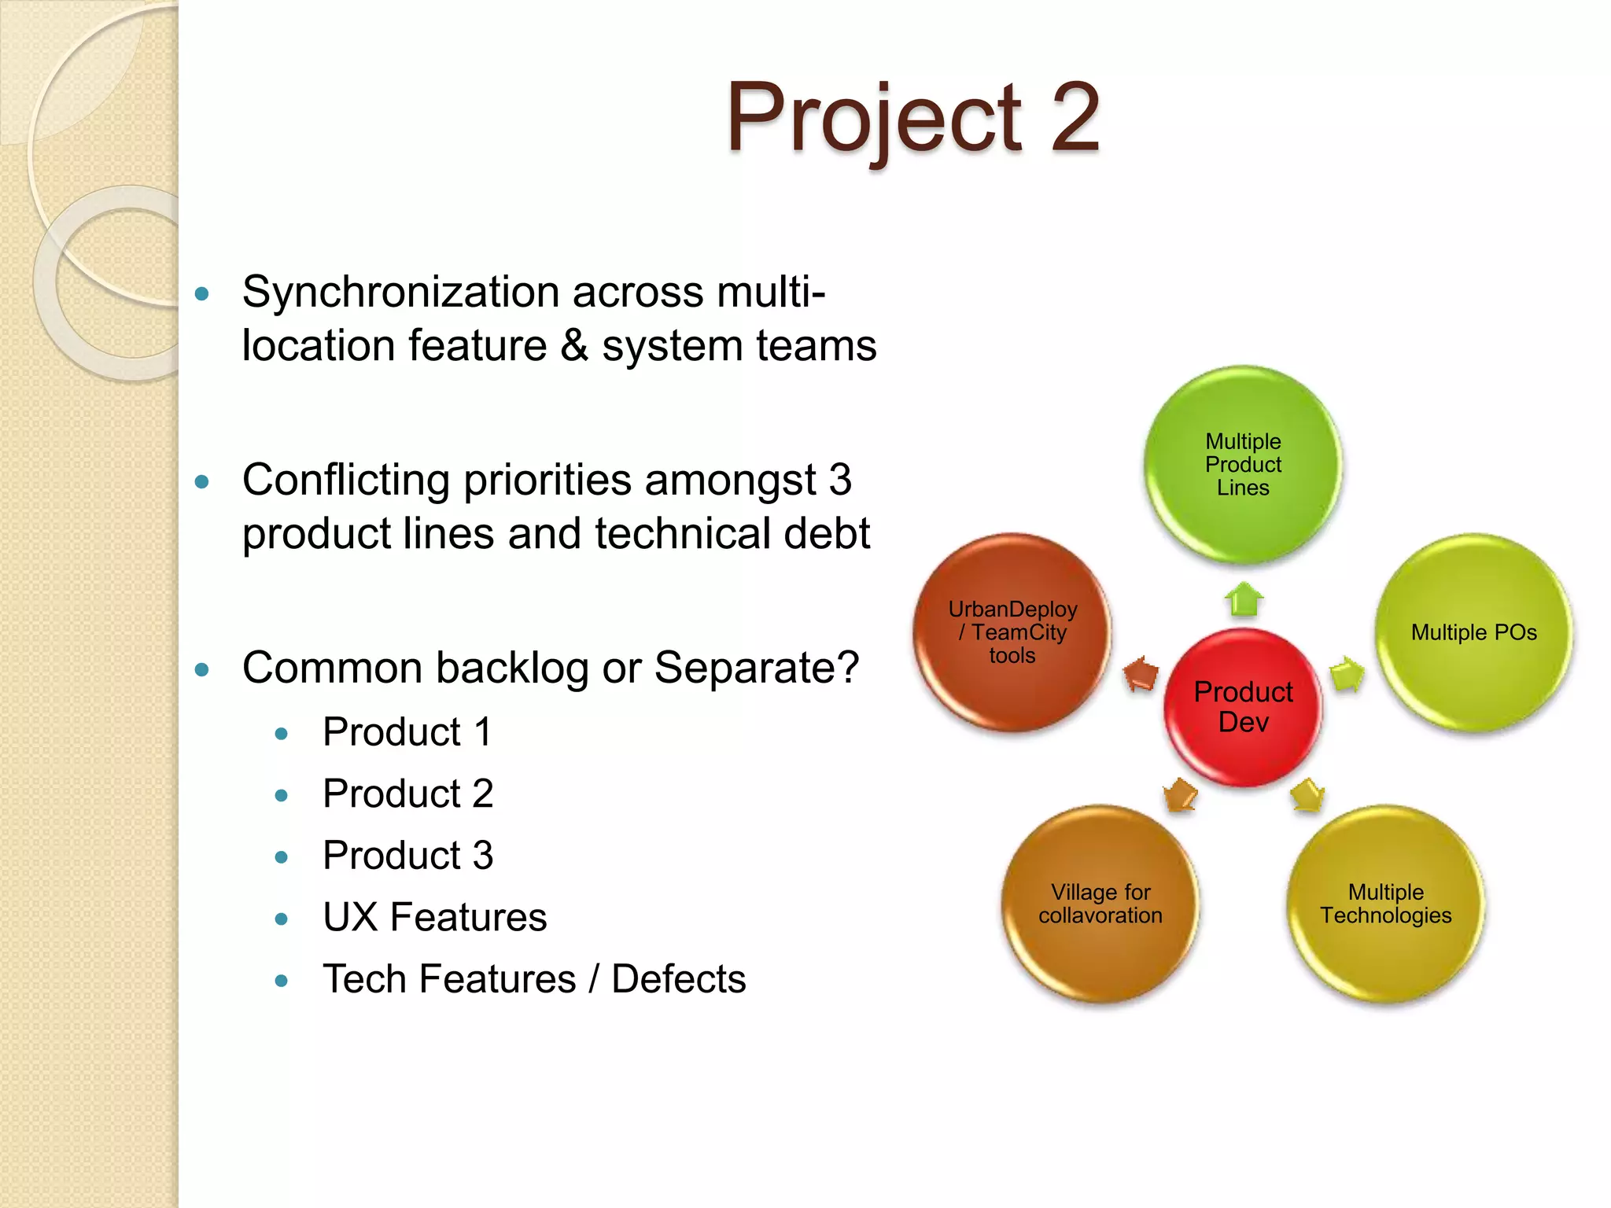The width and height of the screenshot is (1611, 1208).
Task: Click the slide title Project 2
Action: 912,118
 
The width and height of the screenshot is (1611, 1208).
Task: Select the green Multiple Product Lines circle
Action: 1243,464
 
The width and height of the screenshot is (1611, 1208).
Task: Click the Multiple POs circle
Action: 1473,632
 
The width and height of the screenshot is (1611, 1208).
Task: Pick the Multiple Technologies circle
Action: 1385,904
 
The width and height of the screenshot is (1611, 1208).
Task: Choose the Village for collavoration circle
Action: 1100,904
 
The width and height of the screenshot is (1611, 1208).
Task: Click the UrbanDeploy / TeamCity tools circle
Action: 1012,632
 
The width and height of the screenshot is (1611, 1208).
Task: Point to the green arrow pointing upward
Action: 1244,600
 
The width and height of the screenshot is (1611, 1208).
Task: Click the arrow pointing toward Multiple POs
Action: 1347,675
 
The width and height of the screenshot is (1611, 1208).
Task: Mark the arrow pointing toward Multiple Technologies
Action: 1307,795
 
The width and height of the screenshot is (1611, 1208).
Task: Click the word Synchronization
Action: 400,293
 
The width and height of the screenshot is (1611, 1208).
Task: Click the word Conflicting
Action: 345,481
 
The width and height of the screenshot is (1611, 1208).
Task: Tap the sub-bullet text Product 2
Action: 407,794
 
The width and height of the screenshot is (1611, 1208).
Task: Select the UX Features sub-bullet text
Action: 434,917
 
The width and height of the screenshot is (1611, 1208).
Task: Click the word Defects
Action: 678,979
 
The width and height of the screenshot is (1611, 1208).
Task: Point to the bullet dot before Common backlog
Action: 202,670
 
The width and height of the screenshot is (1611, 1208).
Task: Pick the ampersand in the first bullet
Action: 574,346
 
